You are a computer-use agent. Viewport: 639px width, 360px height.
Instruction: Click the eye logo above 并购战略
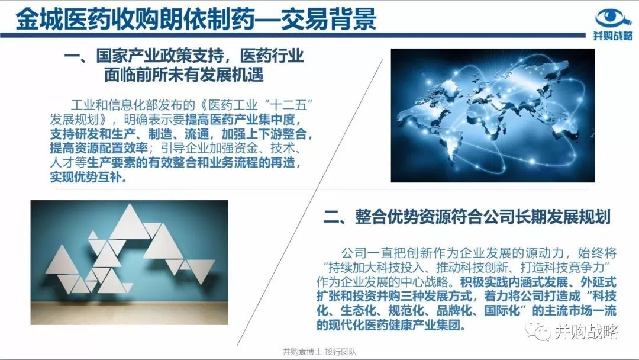(x=613, y=19)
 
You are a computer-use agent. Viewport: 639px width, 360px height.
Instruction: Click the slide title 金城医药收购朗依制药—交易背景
(x=196, y=19)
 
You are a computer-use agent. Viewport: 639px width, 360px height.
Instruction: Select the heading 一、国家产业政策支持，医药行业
(x=183, y=56)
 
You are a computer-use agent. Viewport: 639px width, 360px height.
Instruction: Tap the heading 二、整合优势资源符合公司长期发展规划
(x=467, y=217)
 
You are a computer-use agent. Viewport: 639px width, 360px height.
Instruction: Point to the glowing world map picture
(x=493, y=115)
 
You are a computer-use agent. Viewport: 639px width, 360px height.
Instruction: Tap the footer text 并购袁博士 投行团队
(x=319, y=352)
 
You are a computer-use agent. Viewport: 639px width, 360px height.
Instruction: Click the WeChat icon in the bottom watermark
(x=537, y=330)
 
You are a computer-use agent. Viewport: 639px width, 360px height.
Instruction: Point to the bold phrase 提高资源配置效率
(x=98, y=149)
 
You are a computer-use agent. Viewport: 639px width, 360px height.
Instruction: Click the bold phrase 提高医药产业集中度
(x=240, y=120)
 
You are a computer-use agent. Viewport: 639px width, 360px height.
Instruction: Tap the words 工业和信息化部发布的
(x=133, y=105)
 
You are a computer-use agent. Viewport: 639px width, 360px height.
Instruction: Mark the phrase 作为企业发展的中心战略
(x=383, y=282)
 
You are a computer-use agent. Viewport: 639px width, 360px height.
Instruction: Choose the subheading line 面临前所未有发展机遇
(x=184, y=75)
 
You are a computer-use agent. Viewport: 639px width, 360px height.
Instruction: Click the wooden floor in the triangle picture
(x=129, y=313)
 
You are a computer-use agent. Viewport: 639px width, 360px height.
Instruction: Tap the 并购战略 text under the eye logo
(x=613, y=36)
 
